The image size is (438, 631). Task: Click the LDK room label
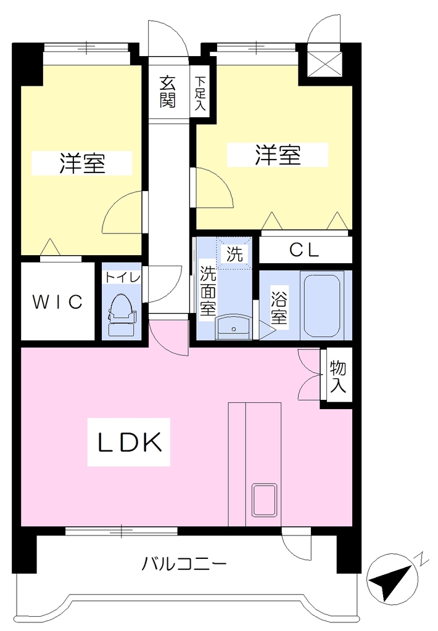tap(130, 442)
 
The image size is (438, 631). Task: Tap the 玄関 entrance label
tap(168, 92)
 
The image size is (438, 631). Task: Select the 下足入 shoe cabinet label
tap(200, 94)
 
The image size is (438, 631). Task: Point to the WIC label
tap(57, 301)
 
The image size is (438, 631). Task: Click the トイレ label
tap(123, 277)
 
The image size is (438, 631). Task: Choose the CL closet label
tap(304, 250)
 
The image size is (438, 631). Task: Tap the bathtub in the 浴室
tap(321, 306)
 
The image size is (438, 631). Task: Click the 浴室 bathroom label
tap(279, 307)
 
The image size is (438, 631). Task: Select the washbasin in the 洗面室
tap(234, 328)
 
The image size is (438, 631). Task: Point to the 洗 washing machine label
tap(234, 254)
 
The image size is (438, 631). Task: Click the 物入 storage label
tap(337, 376)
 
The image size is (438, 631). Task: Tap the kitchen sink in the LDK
tap(264, 500)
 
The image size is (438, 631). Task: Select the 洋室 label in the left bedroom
tap(82, 163)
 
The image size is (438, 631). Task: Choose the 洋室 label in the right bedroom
tap(278, 155)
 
